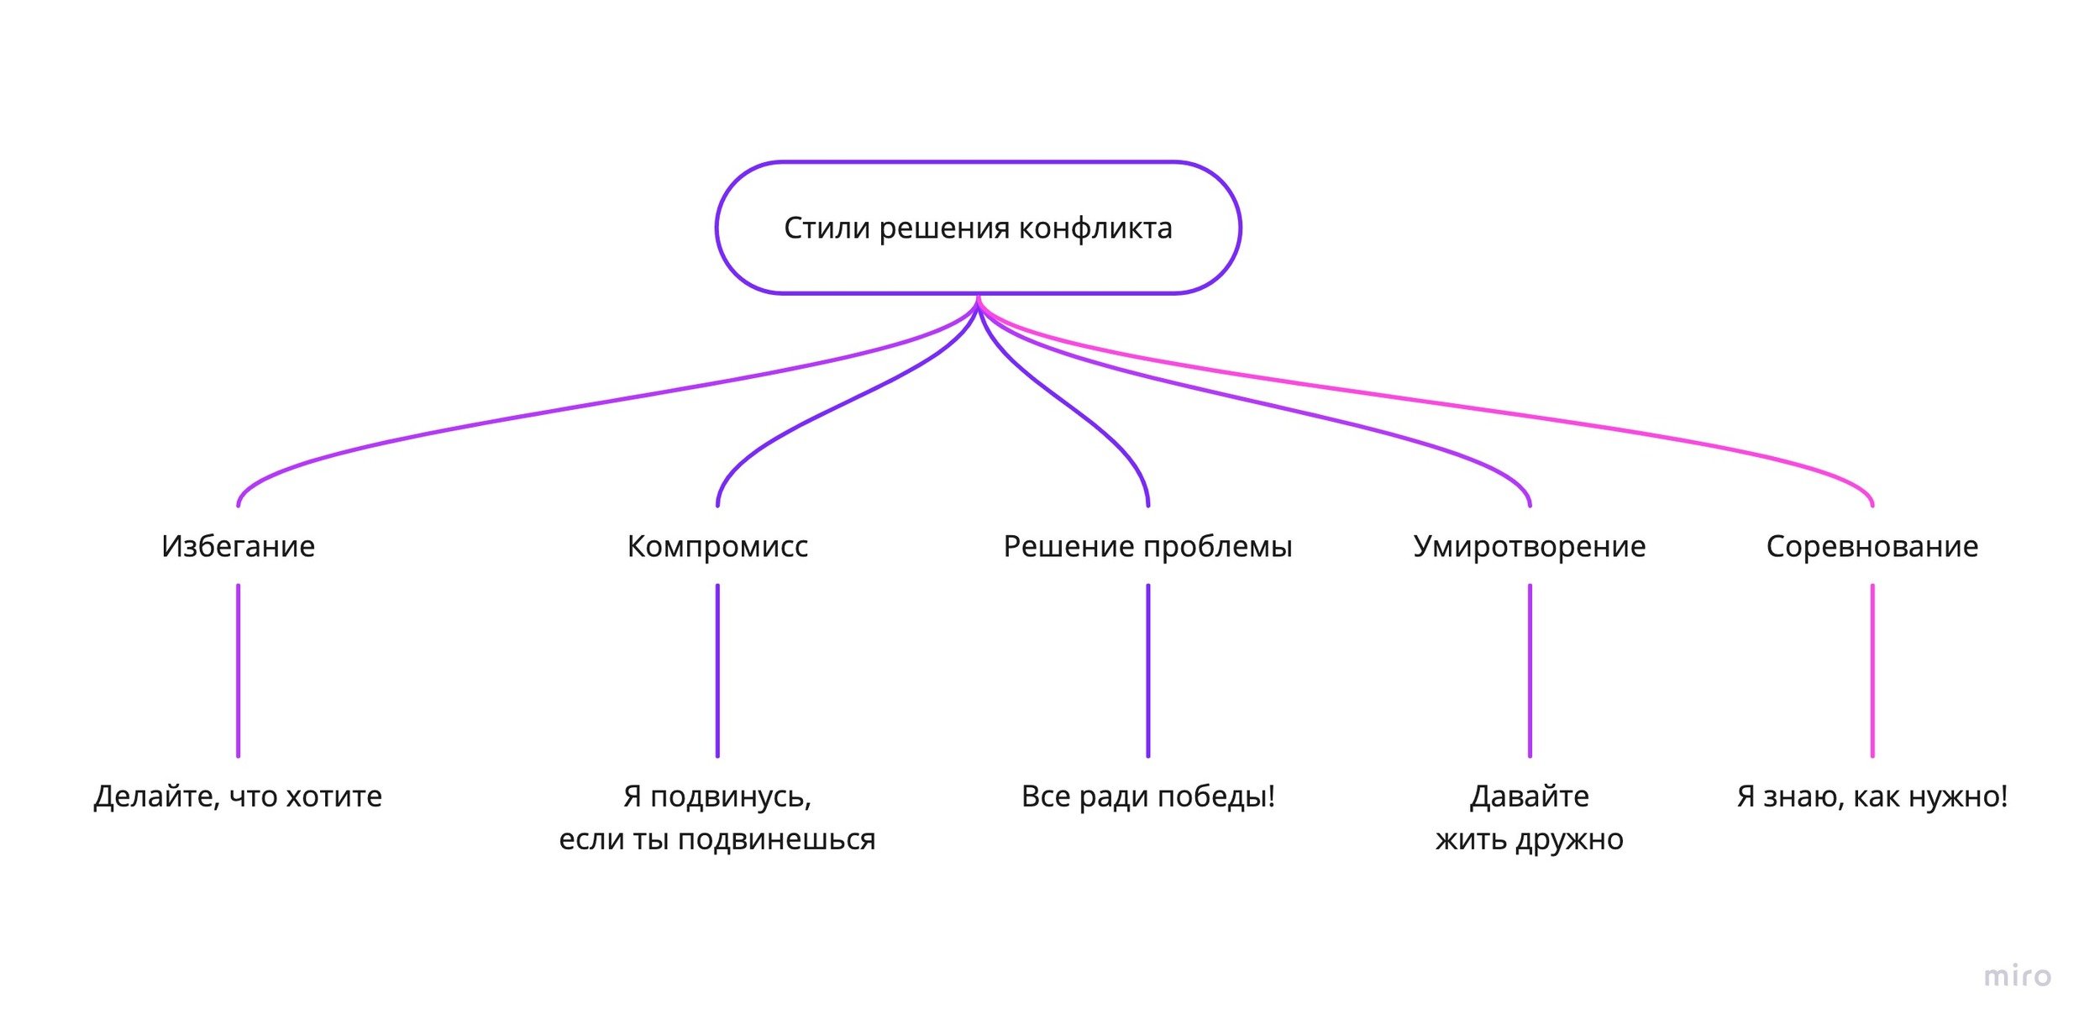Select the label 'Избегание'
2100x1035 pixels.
[238, 546]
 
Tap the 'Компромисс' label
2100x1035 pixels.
[717, 546]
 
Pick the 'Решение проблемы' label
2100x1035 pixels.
[1147, 546]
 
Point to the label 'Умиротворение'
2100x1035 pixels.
[1529, 546]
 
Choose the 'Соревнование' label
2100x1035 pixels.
[1872, 546]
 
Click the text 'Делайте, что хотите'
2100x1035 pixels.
[238, 796]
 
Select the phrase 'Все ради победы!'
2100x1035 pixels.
[1147, 796]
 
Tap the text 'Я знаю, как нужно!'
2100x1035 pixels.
[1872, 796]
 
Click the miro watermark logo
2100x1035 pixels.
[2017, 975]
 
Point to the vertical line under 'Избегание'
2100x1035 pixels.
[238, 670]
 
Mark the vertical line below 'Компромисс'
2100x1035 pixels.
[717, 670]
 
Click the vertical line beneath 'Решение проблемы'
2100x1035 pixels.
[1148, 670]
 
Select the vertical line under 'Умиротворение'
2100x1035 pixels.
[1530, 670]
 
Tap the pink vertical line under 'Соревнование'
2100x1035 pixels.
[1872, 670]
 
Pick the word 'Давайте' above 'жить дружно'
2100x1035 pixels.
[1529, 796]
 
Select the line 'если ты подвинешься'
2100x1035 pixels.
[717, 839]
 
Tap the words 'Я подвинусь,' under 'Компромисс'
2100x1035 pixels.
[717, 796]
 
